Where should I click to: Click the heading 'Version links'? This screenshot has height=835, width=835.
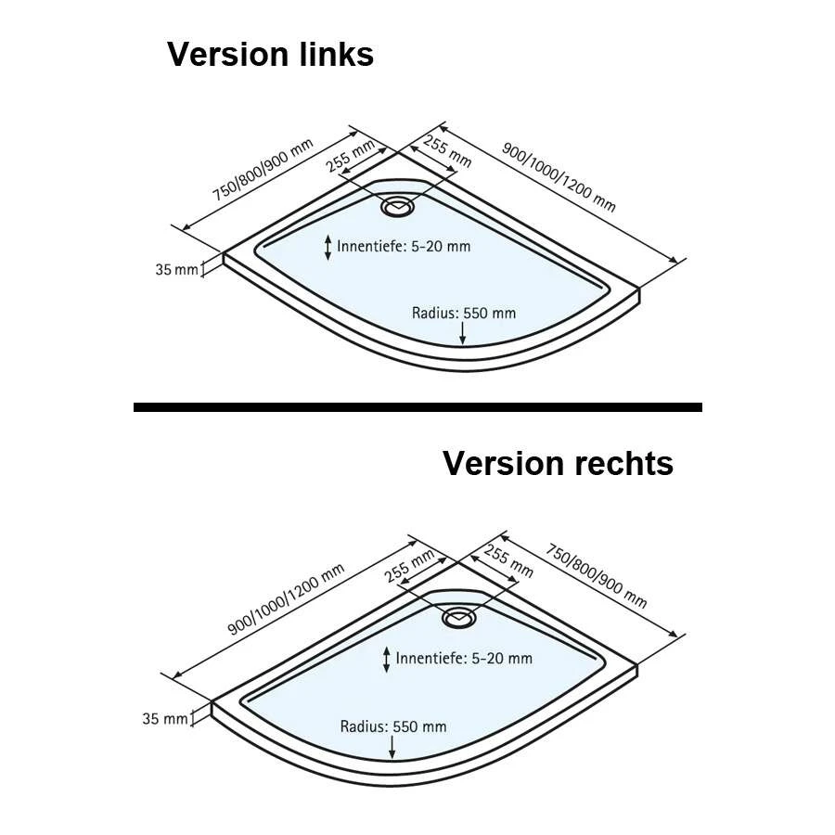pos(270,55)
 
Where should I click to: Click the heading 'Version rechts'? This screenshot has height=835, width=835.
pos(558,463)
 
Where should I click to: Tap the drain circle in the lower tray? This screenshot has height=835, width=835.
pos(458,617)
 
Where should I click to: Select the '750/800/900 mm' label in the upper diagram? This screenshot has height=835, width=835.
pos(263,169)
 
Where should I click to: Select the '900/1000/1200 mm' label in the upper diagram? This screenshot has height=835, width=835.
pos(559,176)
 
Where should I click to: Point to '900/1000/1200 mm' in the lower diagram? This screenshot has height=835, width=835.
pos(287,599)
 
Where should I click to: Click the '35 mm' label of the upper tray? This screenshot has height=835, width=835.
pos(175,270)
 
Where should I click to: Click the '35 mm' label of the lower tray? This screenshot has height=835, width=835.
pos(163,718)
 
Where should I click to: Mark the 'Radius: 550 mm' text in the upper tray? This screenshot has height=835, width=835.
pos(463,313)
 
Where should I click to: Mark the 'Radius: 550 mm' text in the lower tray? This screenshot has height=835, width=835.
pos(392,726)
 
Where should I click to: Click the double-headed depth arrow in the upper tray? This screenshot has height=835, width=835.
pos(327,247)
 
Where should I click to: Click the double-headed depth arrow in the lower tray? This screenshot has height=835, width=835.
pos(387,659)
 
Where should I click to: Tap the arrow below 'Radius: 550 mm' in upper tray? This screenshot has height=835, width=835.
pos(463,332)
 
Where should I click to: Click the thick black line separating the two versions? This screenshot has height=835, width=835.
pos(417,406)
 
